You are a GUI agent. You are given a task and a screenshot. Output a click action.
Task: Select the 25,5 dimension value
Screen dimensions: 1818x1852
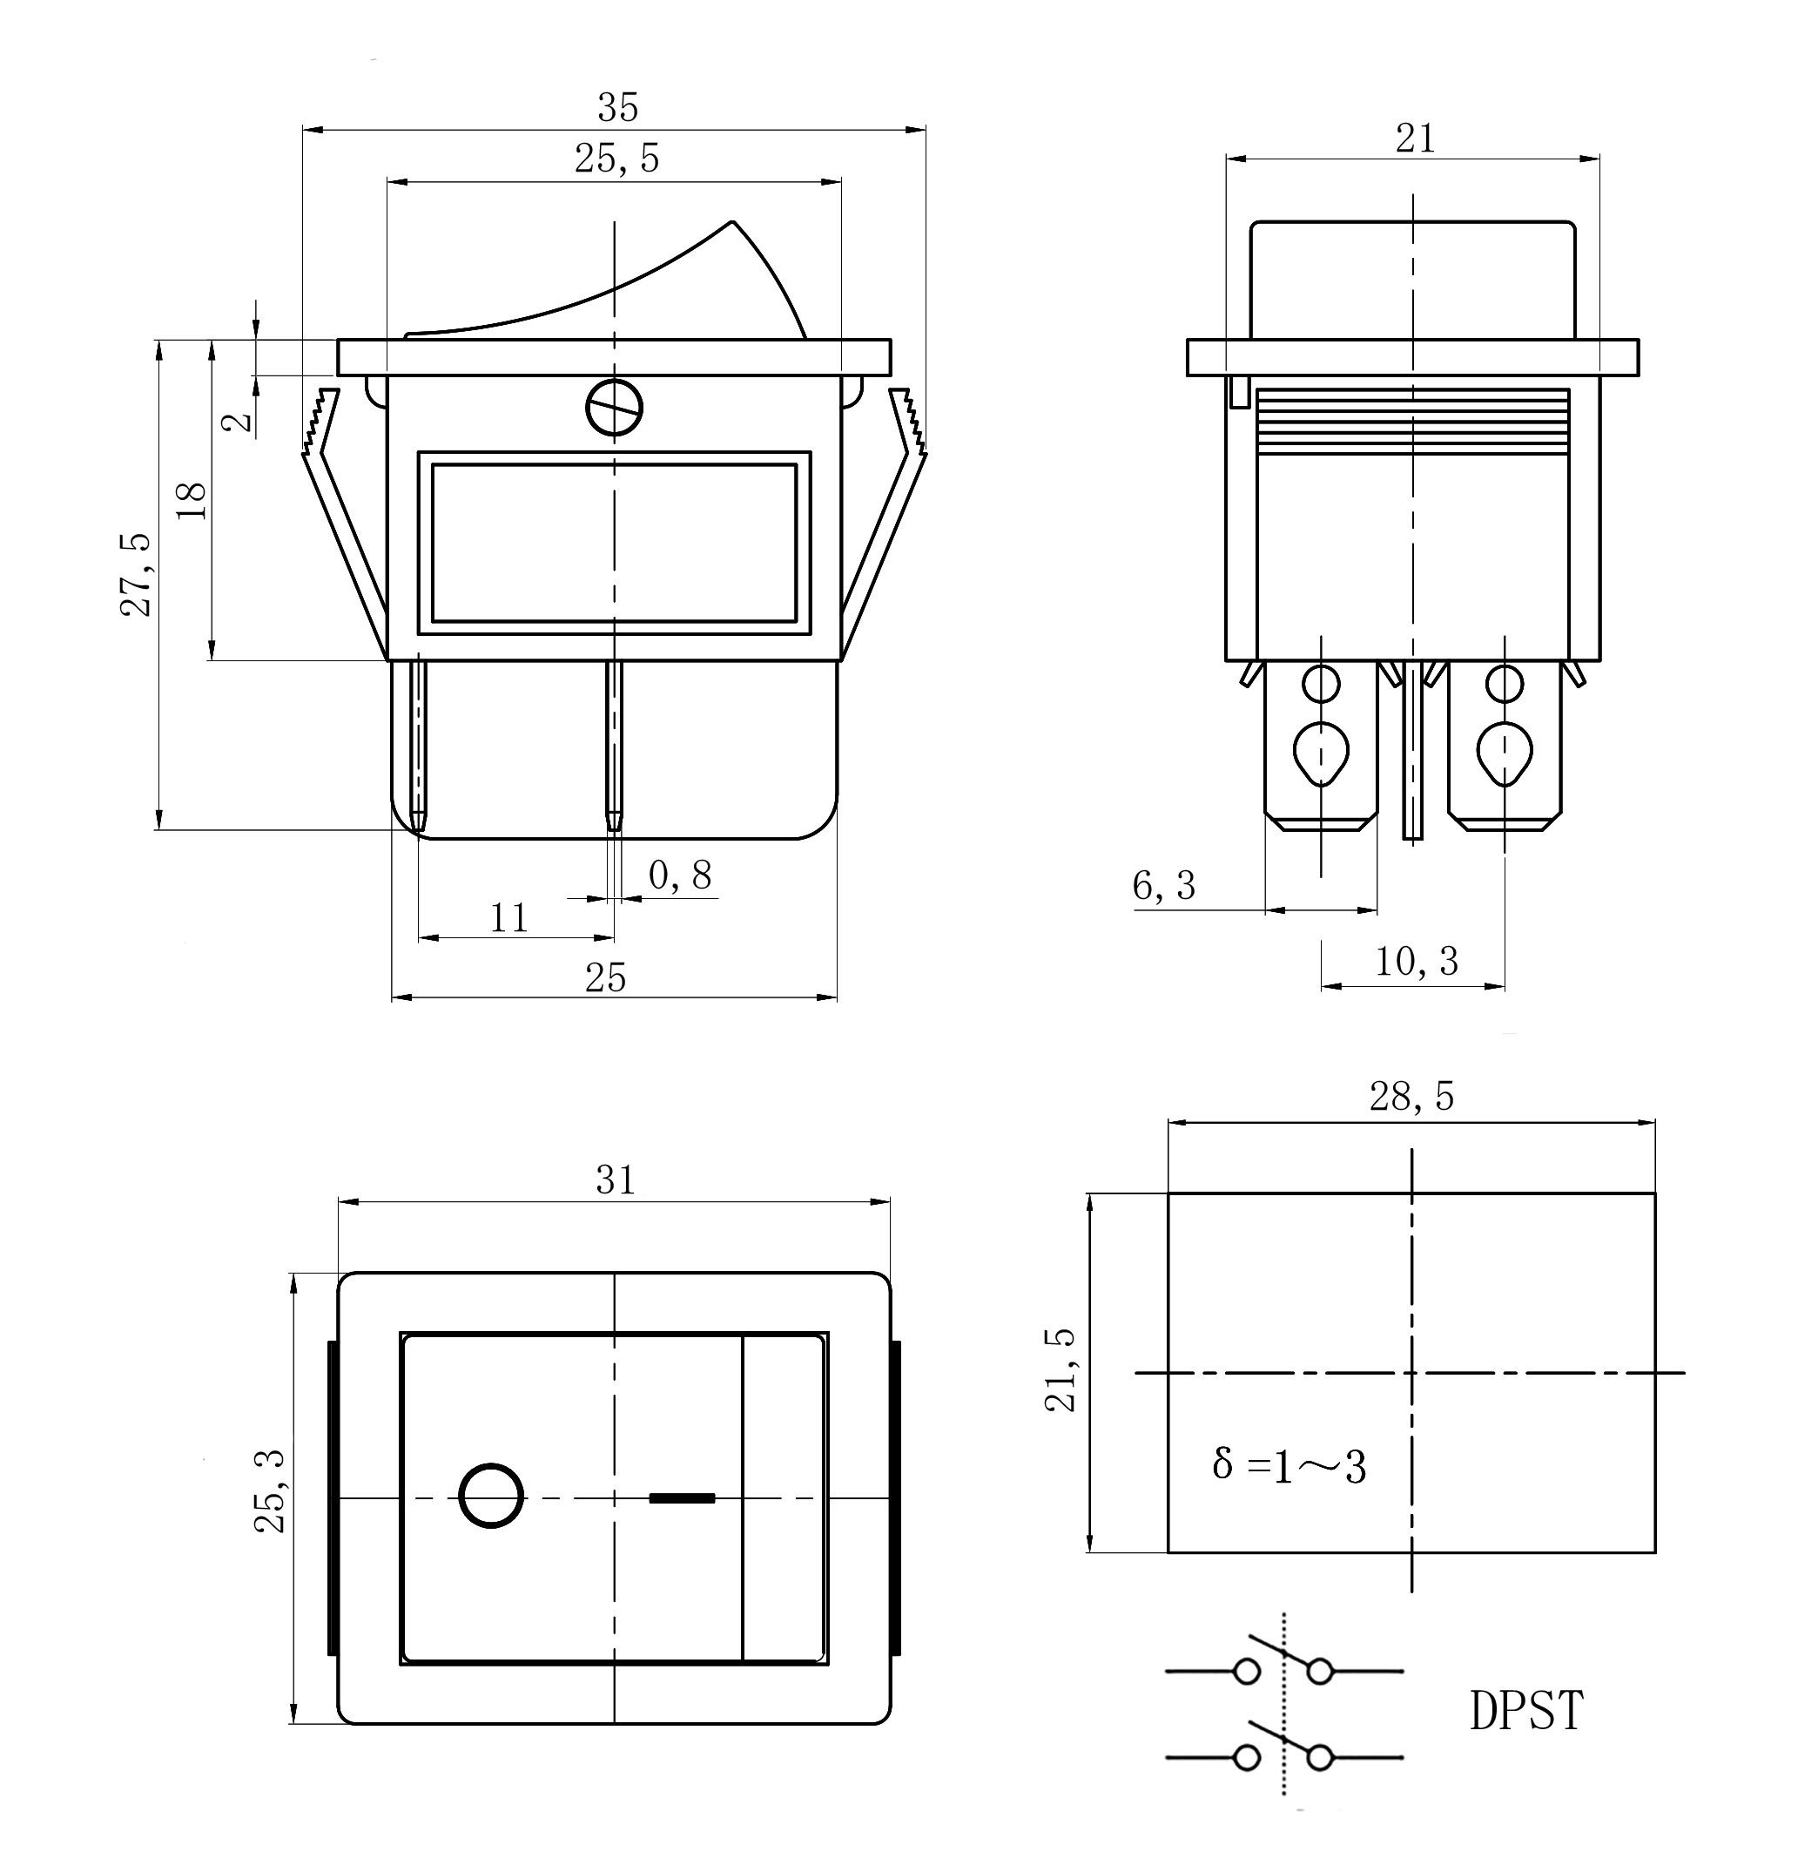616,159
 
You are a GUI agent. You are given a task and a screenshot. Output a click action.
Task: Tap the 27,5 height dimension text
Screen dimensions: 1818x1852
137,574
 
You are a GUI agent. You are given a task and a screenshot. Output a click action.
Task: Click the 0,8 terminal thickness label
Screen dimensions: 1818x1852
680,875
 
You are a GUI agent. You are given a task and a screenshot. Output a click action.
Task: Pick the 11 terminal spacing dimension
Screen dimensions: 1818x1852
509,919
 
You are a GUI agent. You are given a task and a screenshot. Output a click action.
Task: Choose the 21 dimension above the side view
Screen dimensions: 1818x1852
1415,139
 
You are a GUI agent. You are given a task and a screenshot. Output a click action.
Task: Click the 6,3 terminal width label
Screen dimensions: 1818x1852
1164,886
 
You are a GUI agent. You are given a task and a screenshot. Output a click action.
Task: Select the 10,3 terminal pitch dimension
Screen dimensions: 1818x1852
1416,962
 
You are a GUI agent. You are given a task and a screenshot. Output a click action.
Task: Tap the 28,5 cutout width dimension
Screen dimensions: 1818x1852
1411,1098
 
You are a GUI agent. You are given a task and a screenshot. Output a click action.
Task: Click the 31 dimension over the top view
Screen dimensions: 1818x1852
616,1180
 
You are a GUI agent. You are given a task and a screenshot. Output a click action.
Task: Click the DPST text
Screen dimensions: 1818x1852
1525,1711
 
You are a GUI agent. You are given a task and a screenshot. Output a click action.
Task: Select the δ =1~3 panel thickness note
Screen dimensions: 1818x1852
1289,1465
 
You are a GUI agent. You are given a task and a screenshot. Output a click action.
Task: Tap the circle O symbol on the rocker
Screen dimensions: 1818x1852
492,1495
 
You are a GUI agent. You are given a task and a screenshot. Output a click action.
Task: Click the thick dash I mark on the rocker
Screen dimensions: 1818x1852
682,1497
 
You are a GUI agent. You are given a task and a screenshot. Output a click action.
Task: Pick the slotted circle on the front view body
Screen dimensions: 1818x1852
614,409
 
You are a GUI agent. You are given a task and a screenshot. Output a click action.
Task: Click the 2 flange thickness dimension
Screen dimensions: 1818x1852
239,420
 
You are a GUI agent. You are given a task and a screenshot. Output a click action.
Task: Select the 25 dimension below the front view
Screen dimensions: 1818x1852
605,978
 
